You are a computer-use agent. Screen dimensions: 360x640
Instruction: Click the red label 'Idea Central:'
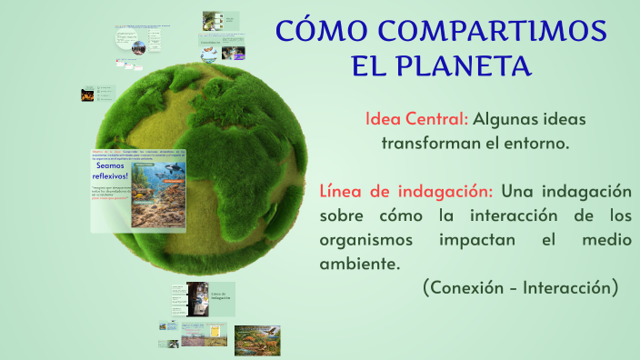tap(416, 119)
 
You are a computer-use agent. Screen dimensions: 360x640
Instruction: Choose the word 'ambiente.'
tap(359, 265)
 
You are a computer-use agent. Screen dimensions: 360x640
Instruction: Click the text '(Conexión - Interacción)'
tap(520, 288)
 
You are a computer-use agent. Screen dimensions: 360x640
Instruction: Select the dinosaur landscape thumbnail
tap(257, 339)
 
